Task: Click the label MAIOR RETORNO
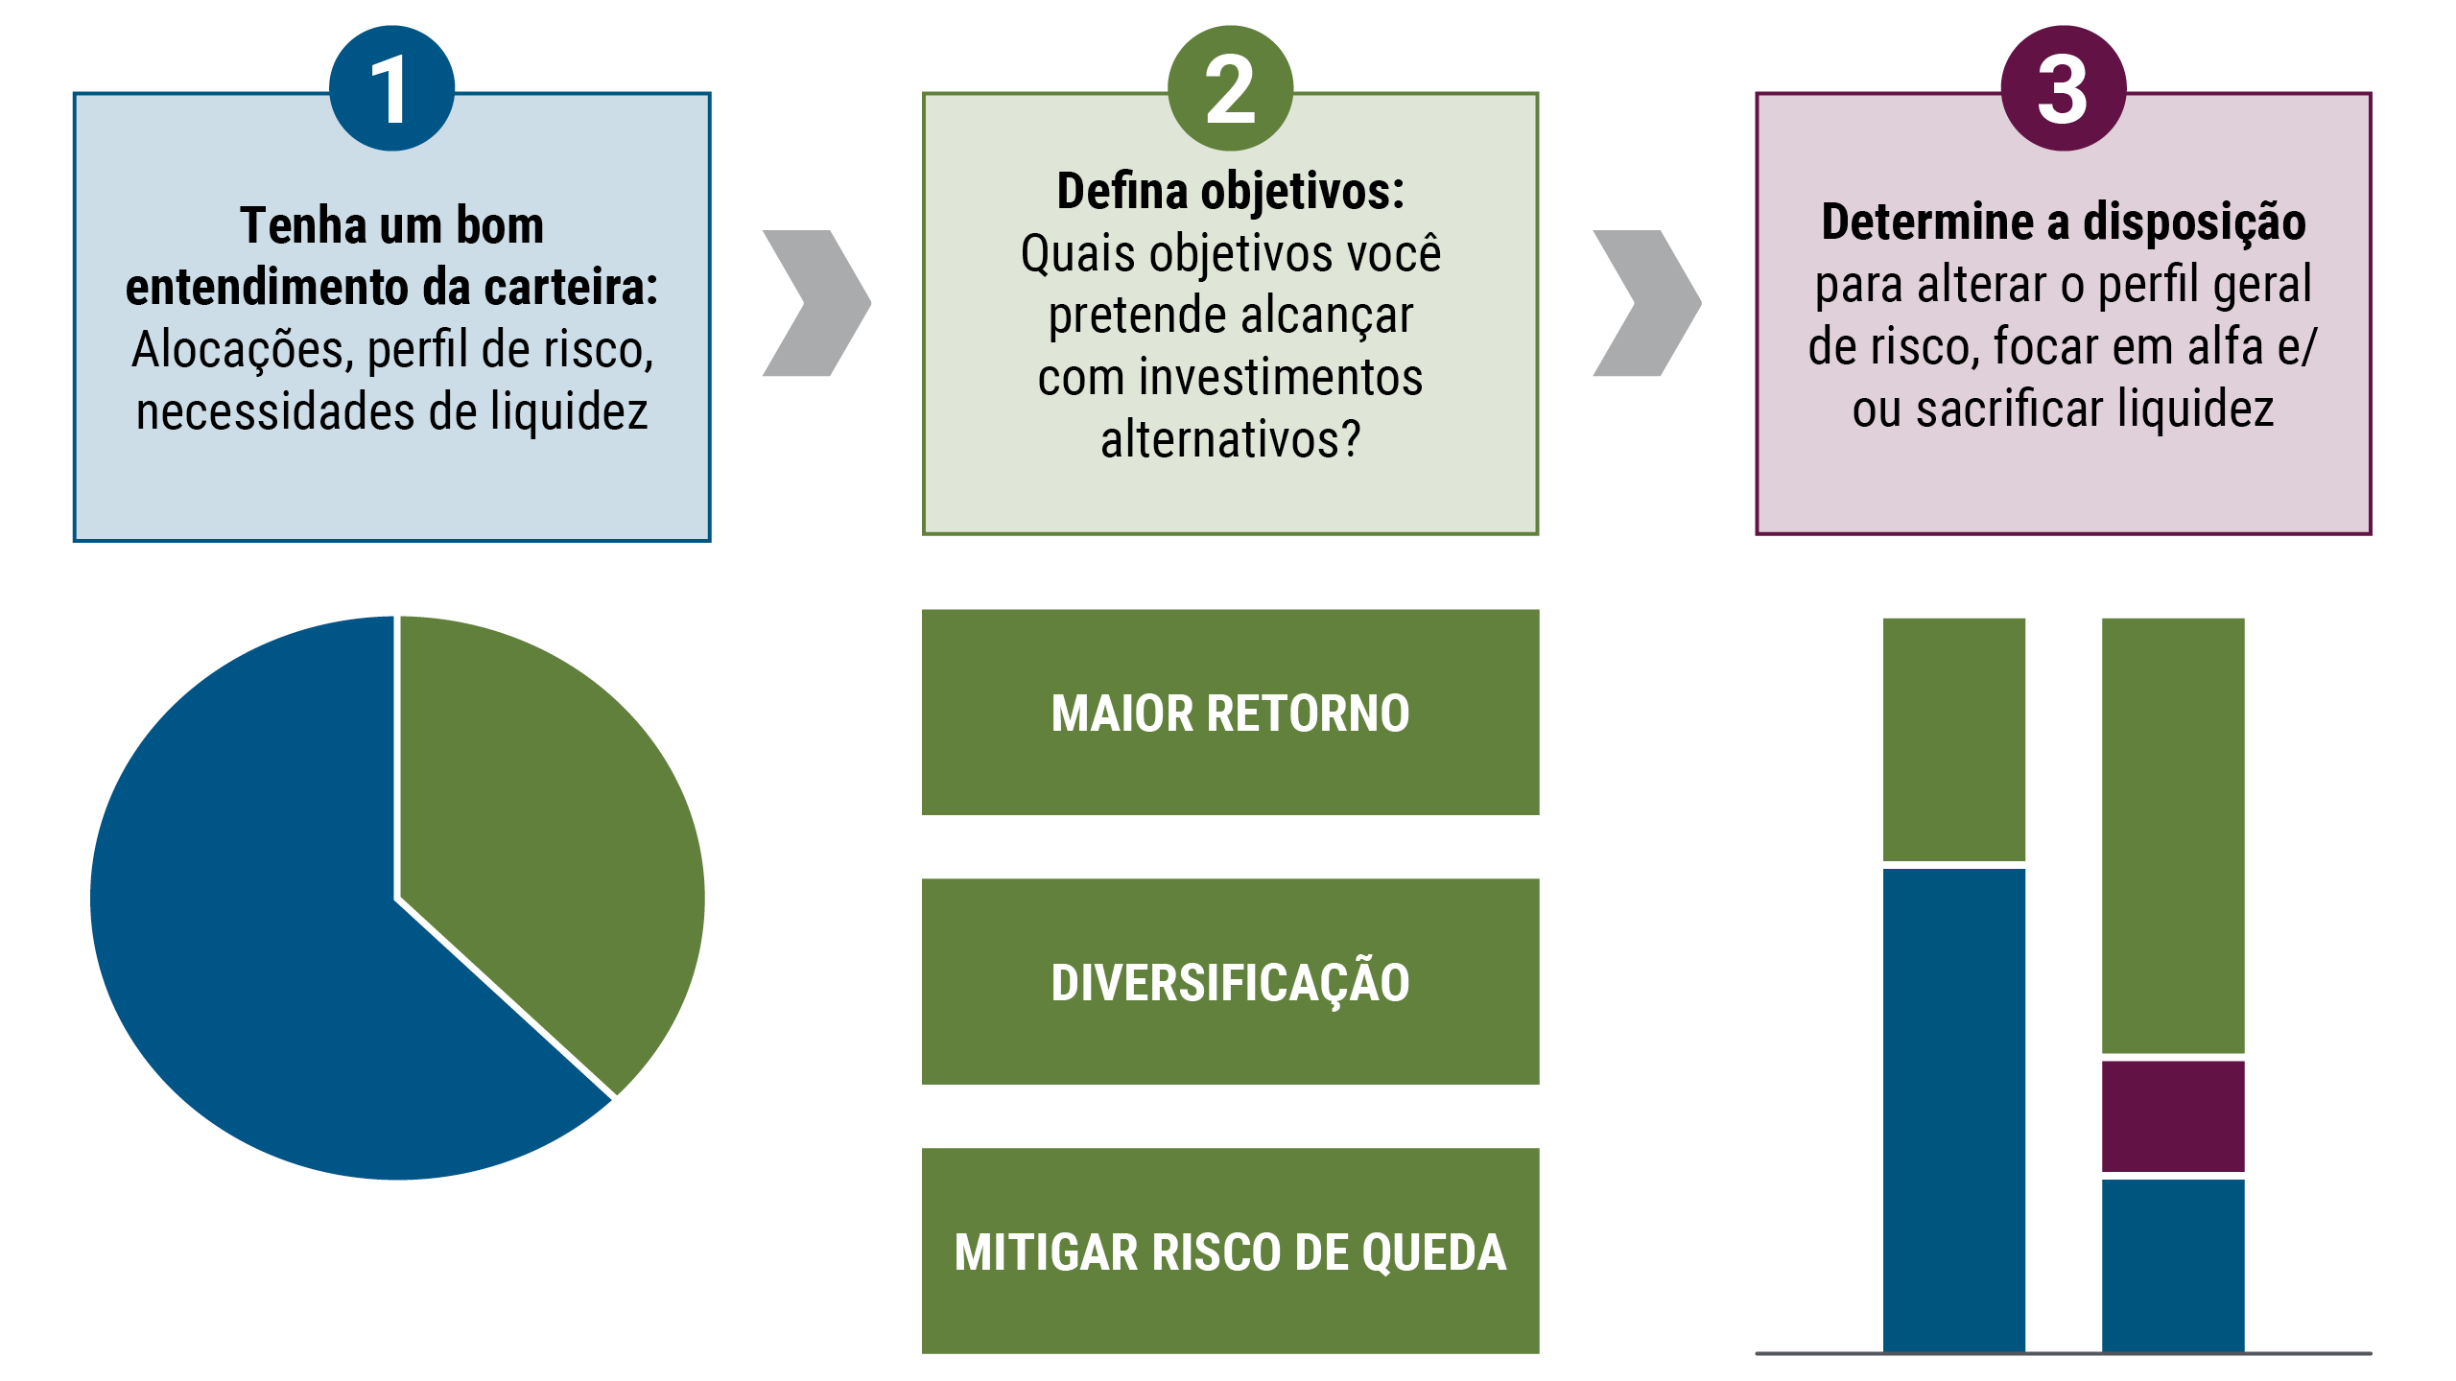pyautogui.click(x=1230, y=714)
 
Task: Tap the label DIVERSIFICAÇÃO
pyautogui.click(x=1230, y=983)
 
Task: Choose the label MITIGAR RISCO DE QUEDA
pyautogui.click(x=1230, y=1252)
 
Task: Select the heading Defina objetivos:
pyautogui.click(x=1230, y=192)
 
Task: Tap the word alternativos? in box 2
pyautogui.click(x=1230, y=440)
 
